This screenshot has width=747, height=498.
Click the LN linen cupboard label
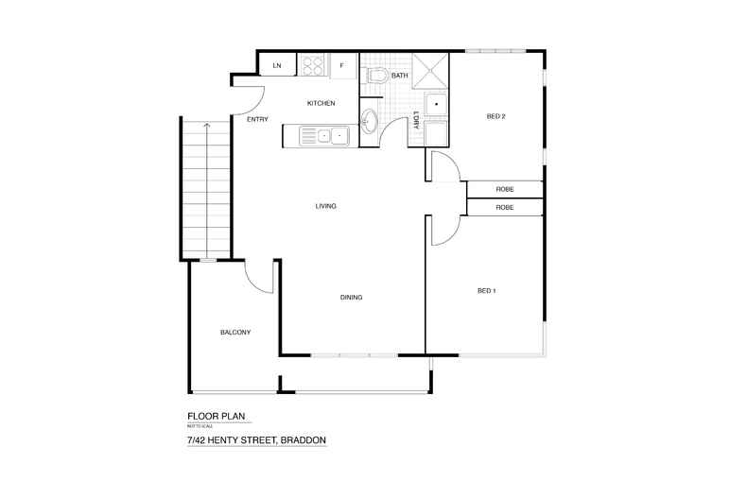point(277,65)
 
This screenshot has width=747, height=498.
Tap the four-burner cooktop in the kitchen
point(312,65)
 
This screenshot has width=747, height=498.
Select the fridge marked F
point(342,65)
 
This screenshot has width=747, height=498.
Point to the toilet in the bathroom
point(375,77)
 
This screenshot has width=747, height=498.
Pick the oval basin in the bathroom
point(371,120)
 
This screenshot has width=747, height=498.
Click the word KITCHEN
point(321,103)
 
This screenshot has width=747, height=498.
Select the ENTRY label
point(257,120)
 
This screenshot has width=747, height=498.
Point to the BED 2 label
point(496,117)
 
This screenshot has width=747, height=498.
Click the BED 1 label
point(487,290)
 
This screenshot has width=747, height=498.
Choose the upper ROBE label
point(505,190)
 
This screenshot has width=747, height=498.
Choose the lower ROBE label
point(505,207)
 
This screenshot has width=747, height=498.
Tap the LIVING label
point(326,206)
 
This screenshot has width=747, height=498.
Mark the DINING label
point(352,298)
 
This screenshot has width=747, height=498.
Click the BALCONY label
point(235,333)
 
